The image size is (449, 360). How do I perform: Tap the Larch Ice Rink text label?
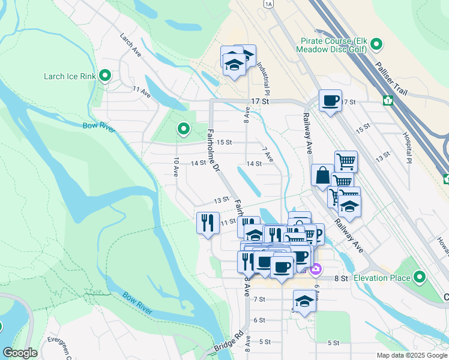click(70, 76)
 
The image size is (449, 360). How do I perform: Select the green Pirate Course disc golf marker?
click(376, 44)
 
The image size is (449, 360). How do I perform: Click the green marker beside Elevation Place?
click(420, 277)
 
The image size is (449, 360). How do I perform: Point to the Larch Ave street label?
click(130, 45)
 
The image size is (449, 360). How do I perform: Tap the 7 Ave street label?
click(268, 154)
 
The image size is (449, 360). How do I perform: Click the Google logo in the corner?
click(20, 353)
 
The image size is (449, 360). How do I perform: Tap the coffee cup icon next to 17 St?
click(330, 101)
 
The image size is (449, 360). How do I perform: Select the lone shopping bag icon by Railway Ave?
click(322, 176)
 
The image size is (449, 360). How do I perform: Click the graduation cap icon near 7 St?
click(304, 301)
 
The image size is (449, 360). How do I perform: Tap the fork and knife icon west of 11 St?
click(207, 223)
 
